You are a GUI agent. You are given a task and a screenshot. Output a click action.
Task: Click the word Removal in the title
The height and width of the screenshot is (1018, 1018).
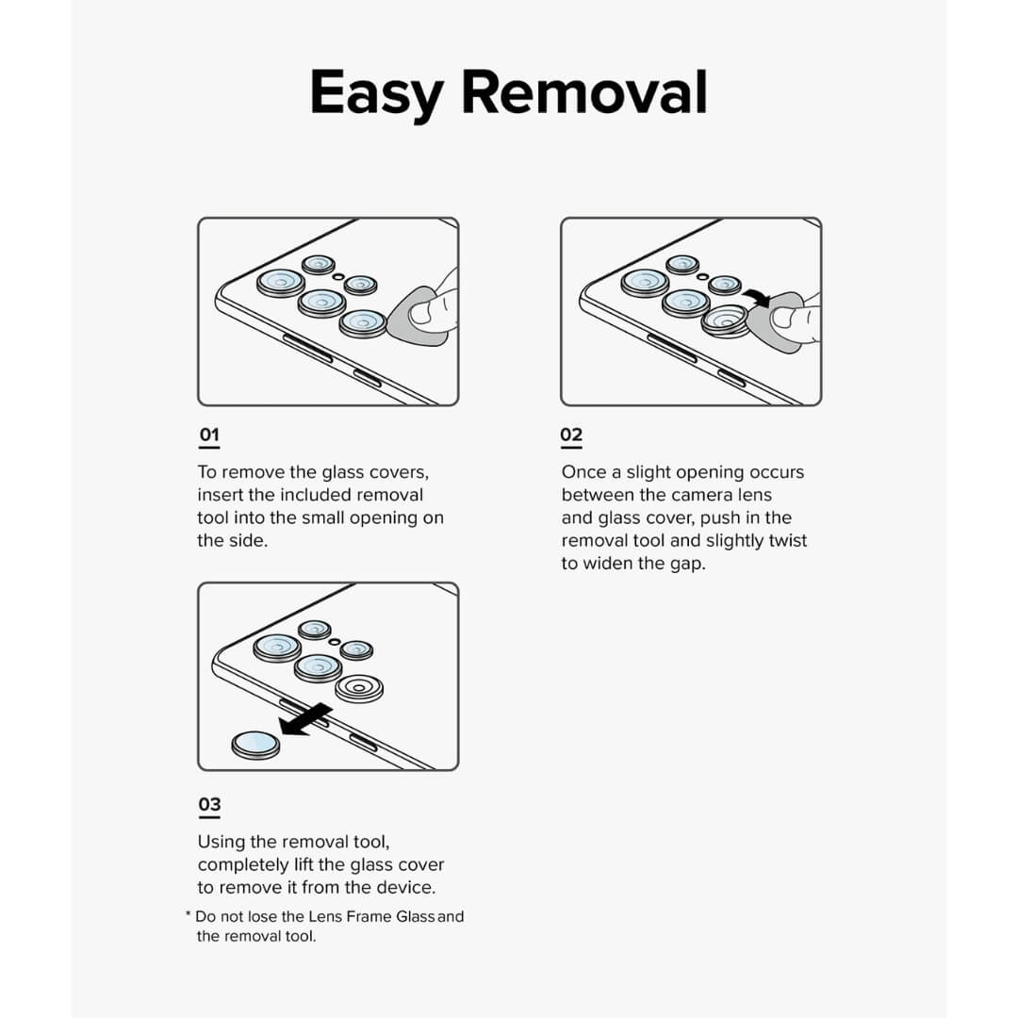click(584, 92)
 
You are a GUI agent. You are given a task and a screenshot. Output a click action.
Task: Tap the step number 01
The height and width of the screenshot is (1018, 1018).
click(208, 435)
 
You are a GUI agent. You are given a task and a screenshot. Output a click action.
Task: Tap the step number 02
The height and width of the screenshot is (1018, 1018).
click(571, 435)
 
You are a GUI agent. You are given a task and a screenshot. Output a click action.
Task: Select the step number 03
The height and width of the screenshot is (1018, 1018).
click(209, 804)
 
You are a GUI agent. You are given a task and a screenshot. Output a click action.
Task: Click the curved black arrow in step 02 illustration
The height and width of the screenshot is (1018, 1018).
click(755, 298)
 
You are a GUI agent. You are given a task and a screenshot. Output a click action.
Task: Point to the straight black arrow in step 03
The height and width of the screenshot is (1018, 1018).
click(304, 720)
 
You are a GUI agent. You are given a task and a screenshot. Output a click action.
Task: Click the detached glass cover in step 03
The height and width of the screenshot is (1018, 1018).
click(255, 744)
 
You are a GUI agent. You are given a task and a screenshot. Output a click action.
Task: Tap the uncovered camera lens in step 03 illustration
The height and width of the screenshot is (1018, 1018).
click(360, 689)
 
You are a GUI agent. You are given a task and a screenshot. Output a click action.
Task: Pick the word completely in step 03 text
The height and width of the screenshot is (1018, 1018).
click(242, 864)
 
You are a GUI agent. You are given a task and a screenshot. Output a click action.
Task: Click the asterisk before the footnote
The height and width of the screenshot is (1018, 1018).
click(188, 915)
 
